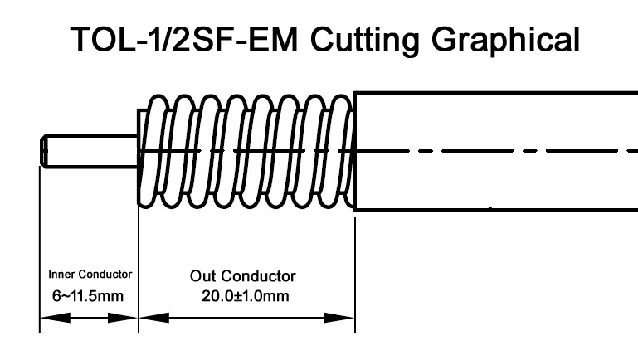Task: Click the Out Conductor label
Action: point(242,275)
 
